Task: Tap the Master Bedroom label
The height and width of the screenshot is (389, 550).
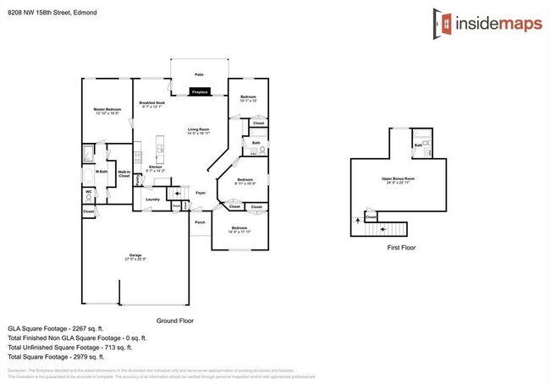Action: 107,110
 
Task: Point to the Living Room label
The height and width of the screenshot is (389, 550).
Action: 199,129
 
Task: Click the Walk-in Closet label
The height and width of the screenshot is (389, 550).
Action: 124,173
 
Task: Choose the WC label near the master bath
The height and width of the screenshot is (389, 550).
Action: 88,191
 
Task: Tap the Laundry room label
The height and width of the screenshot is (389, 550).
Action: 152,199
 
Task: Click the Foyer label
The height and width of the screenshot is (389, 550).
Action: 201,193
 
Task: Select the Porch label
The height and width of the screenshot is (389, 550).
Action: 200,222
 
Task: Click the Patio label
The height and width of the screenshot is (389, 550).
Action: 199,74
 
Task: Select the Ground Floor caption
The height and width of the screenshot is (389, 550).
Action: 175,321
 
